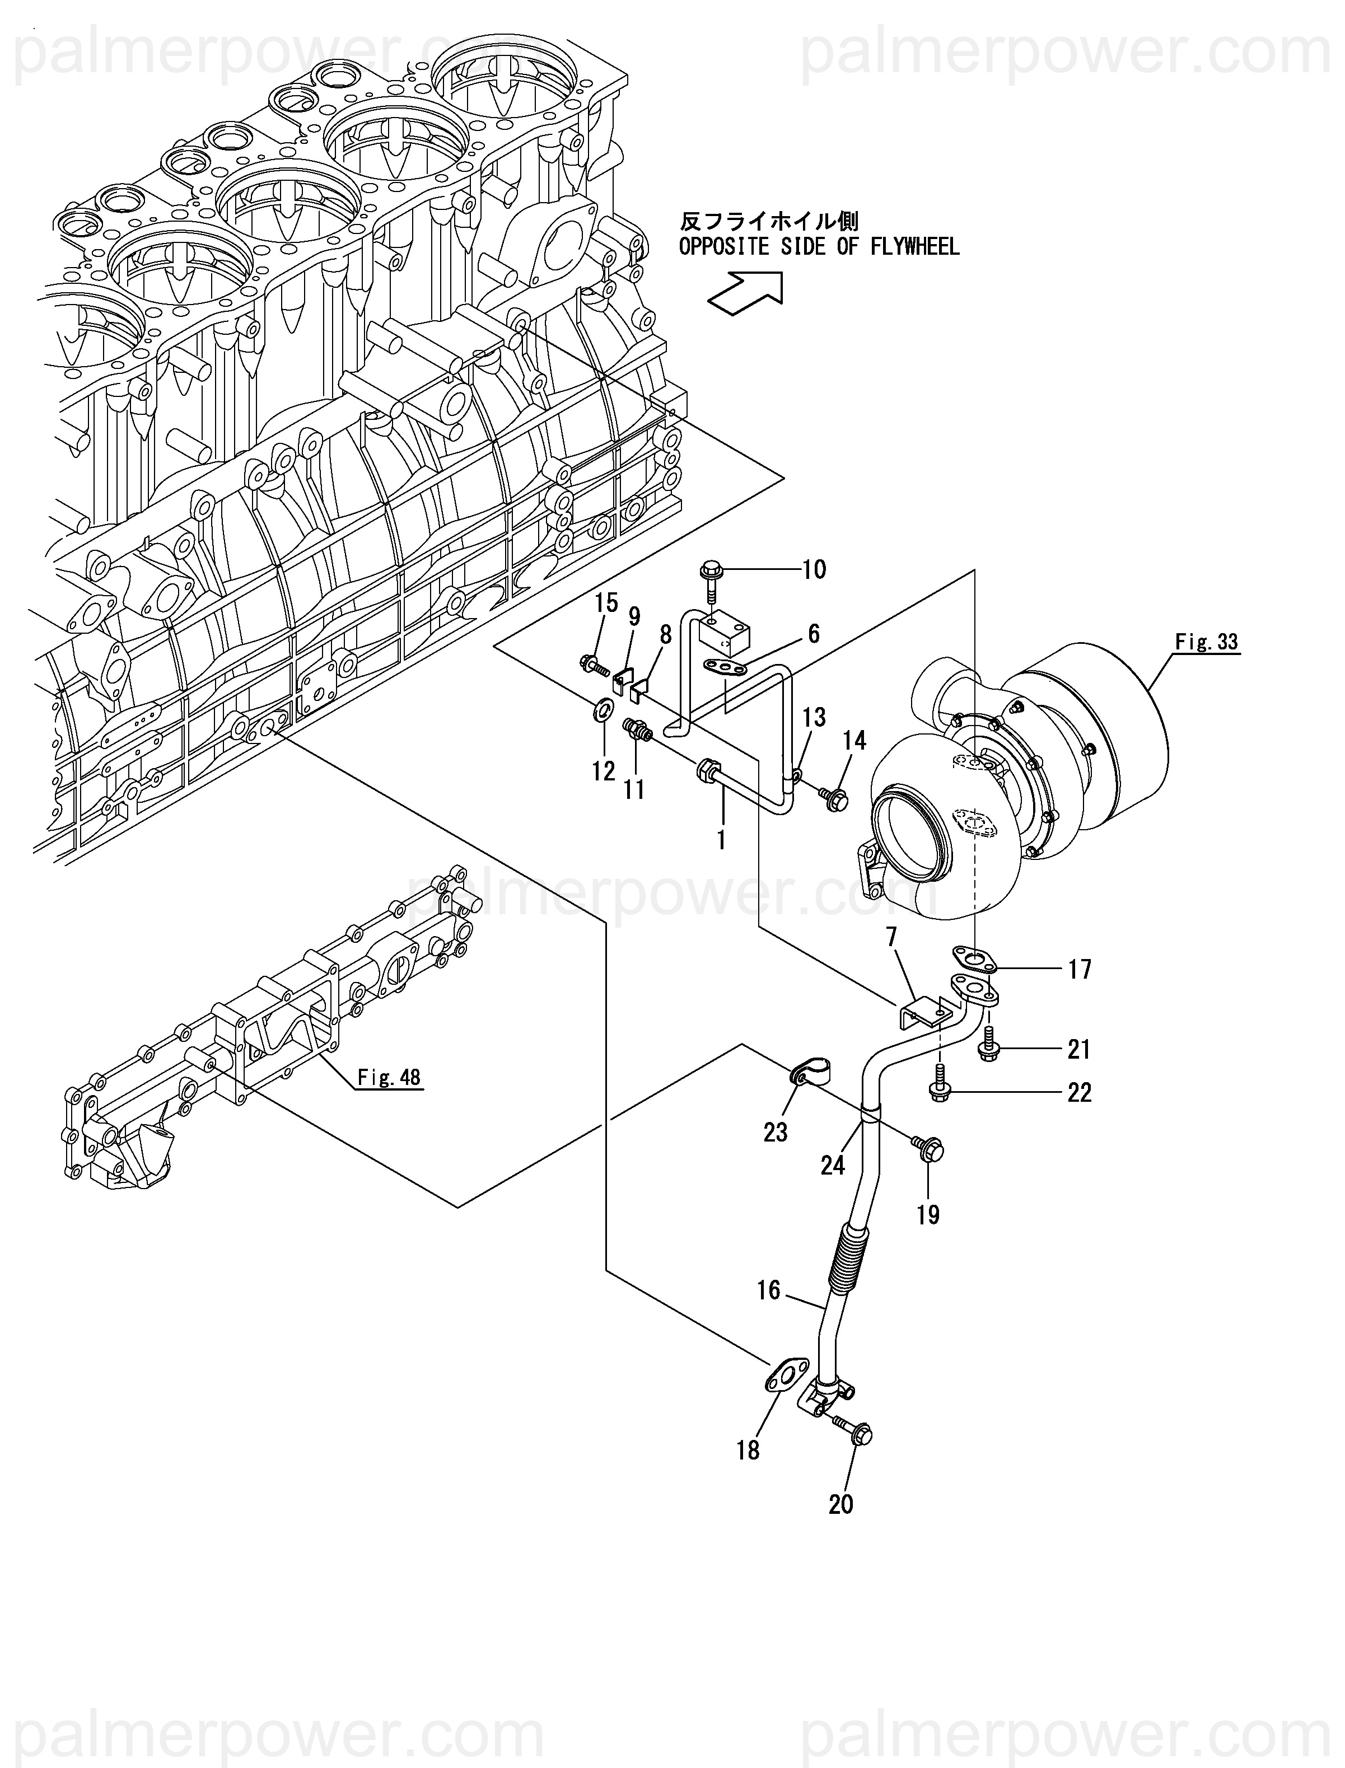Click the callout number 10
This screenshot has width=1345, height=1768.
(x=814, y=570)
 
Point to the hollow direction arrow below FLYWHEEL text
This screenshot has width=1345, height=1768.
(x=745, y=292)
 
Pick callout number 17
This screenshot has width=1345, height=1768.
(x=1080, y=970)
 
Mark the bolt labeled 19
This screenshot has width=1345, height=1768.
(x=929, y=1148)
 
